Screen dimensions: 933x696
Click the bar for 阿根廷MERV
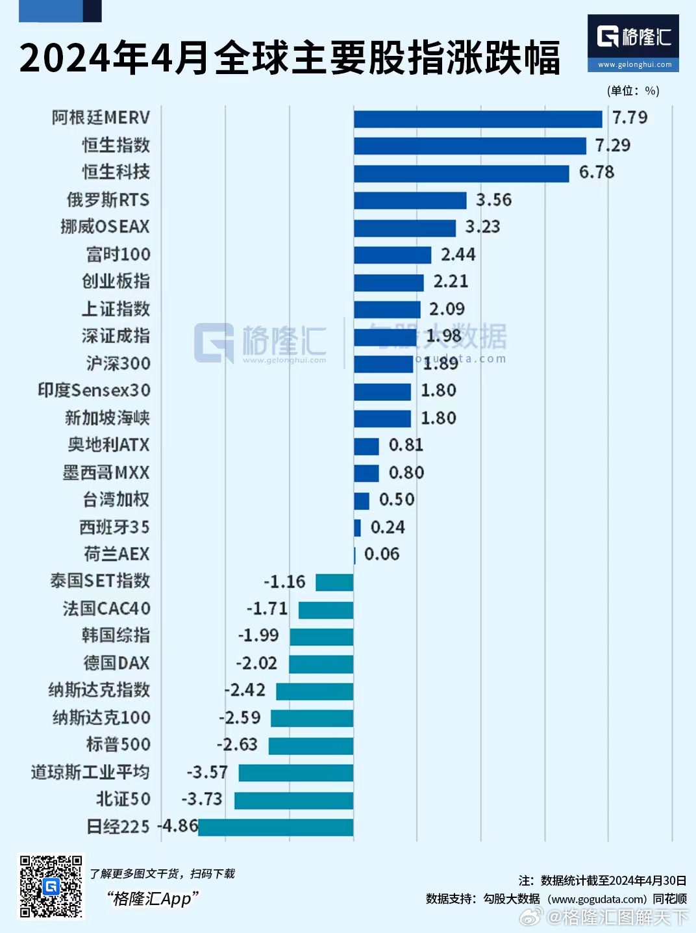[478, 119]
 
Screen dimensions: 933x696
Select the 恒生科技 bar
[461, 173]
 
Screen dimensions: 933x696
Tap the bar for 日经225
[276, 827]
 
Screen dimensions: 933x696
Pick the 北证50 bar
[293, 800]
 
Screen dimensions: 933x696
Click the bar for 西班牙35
[357, 528]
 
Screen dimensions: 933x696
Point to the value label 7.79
[630, 118]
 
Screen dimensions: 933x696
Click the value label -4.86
[178, 826]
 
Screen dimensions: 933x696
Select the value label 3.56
[493, 199]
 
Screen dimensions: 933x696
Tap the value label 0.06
[382, 554]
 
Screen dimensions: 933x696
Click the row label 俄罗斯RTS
[108, 199]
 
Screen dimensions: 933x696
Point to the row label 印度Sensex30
[94, 390]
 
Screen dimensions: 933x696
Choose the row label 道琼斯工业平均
[90, 772]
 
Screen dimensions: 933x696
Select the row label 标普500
[118, 745]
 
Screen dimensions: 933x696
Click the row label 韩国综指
[116, 635]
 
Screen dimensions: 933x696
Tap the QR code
[51, 886]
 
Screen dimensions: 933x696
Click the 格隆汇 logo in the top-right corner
[633, 42]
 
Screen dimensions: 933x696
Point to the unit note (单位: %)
[633, 91]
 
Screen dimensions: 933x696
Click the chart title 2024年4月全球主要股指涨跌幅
[290, 58]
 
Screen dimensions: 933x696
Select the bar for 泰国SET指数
[334, 582]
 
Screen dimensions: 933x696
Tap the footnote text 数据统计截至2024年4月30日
[613, 880]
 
